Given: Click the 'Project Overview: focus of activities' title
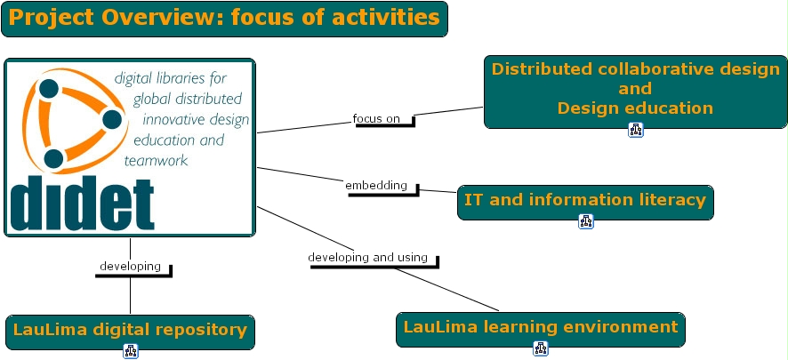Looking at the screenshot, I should tap(224, 19).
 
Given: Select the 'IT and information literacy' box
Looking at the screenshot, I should tap(584, 201).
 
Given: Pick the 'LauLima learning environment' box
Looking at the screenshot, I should tap(540, 328).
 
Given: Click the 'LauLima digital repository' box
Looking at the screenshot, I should tap(130, 331).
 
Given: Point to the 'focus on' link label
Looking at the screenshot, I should tap(376, 118).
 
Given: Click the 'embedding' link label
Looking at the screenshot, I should tap(375, 186).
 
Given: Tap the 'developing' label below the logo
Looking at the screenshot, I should tap(130, 266).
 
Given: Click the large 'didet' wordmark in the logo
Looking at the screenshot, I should tap(83, 205).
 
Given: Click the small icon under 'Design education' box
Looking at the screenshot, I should tap(635, 131).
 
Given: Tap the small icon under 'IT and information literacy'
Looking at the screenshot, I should tap(585, 221).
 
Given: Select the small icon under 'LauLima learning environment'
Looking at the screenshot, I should tap(540, 348).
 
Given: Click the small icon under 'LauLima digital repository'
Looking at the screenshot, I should tap(131, 351).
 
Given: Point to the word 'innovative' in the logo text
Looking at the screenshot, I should tap(173, 119).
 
